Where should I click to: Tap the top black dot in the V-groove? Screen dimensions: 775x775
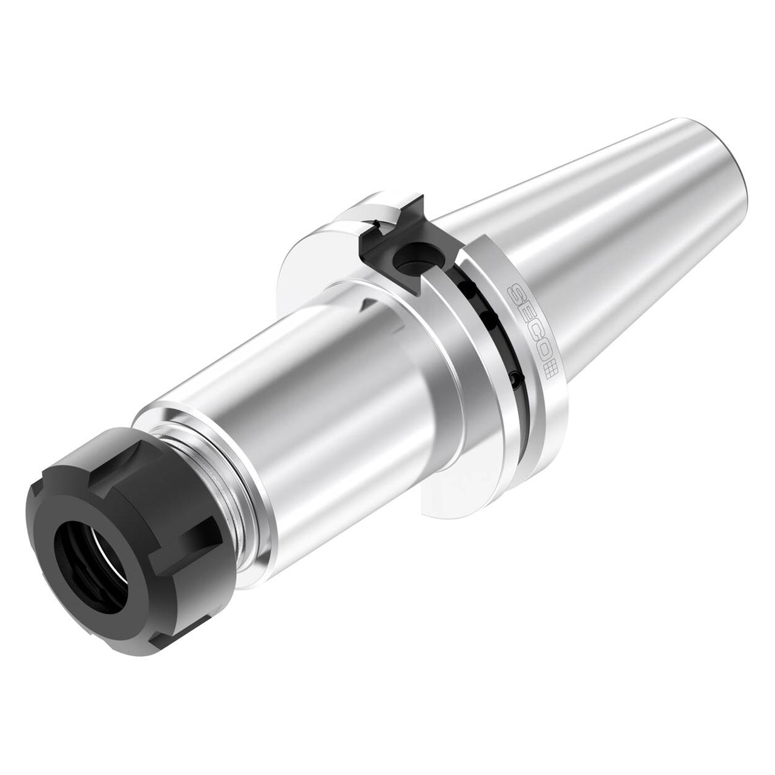(467, 286)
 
